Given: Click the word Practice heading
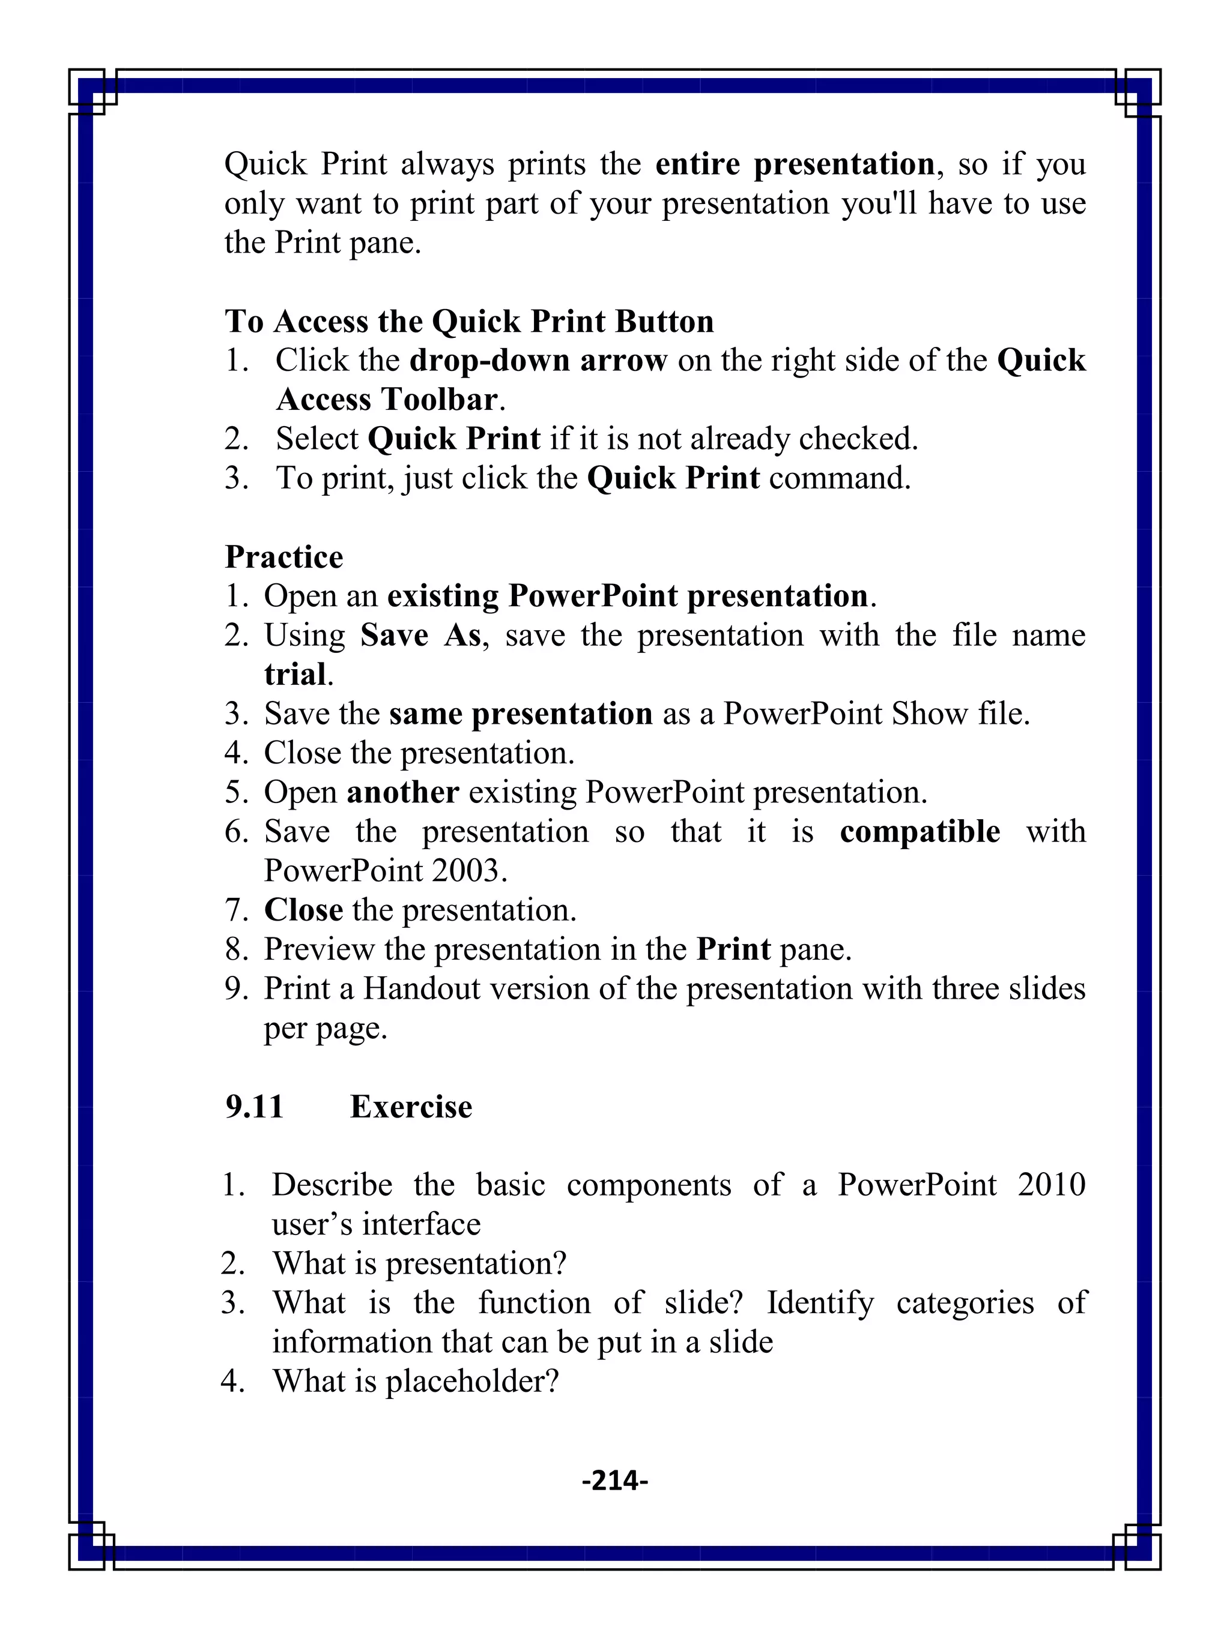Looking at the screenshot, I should (x=284, y=557).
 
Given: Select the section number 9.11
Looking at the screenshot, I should (x=254, y=1106).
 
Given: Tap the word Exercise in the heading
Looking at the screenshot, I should (x=411, y=1106).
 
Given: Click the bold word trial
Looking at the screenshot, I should (x=294, y=675).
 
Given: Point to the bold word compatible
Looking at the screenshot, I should (x=919, y=831).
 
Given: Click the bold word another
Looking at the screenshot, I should (x=402, y=792).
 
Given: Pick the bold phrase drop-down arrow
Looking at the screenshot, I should (x=538, y=361).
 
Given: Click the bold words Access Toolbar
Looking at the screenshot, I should (x=386, y=400).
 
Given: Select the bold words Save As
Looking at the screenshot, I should (x=420, y=635).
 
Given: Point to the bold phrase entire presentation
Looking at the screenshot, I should (x=795, y=164).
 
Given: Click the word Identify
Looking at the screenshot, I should (x=819, y=1302).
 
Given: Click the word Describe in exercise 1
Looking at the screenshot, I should (x=332, y=1185).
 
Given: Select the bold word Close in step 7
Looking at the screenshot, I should (x=303, y=910).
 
